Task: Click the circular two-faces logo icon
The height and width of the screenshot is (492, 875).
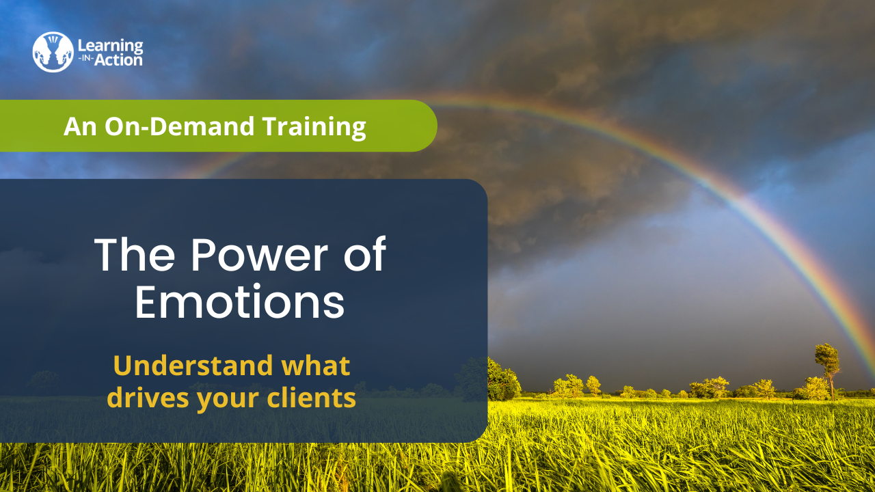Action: click(x=53, y=52)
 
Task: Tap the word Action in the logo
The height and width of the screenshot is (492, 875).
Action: click(x=118, y=60)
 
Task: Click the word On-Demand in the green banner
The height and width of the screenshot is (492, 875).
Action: click(x=180, y=126)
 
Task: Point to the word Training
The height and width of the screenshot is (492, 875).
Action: click(x=314, y=127)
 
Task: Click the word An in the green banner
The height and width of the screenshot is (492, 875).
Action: click(x=80, y=126)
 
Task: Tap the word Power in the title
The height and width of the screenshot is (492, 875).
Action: click(x=259, y=255)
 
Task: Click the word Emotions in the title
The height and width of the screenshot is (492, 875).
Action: click(x=240, y=302)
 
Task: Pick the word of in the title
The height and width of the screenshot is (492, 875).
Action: click(x=365, y=254)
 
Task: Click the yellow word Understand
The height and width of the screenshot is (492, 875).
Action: click(x=193, y=366)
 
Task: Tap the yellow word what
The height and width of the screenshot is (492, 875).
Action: click(x=316, y=366)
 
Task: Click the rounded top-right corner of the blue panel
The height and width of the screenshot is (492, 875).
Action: click(x=482, y=184)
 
